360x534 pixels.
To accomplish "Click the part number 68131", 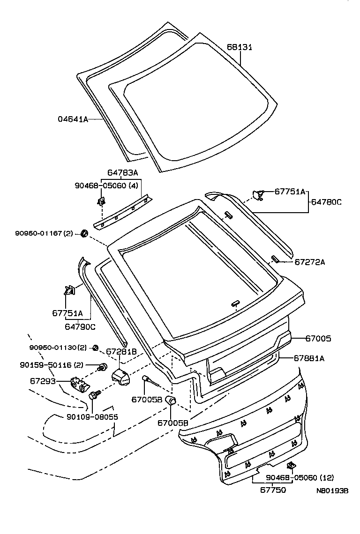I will click(x=240, y=47).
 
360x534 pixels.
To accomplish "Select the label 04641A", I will click(x=73, y=119).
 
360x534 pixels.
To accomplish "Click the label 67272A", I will click(x=309, y=262).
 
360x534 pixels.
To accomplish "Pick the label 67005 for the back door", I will click(x=318, y=338).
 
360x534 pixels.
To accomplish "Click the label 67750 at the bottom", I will click(x=273, y=489).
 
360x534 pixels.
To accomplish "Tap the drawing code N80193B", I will click(x=332, y=490).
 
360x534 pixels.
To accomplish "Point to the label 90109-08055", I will click(x=92, y=416).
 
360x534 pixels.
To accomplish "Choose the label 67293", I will click(x=43, y=381).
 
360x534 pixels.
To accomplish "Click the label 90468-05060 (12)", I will click(x=300, y=478).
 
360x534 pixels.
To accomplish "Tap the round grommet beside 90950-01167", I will click(x=85, y=233).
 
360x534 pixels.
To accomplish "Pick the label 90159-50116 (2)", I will click(x=52, y=364).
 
